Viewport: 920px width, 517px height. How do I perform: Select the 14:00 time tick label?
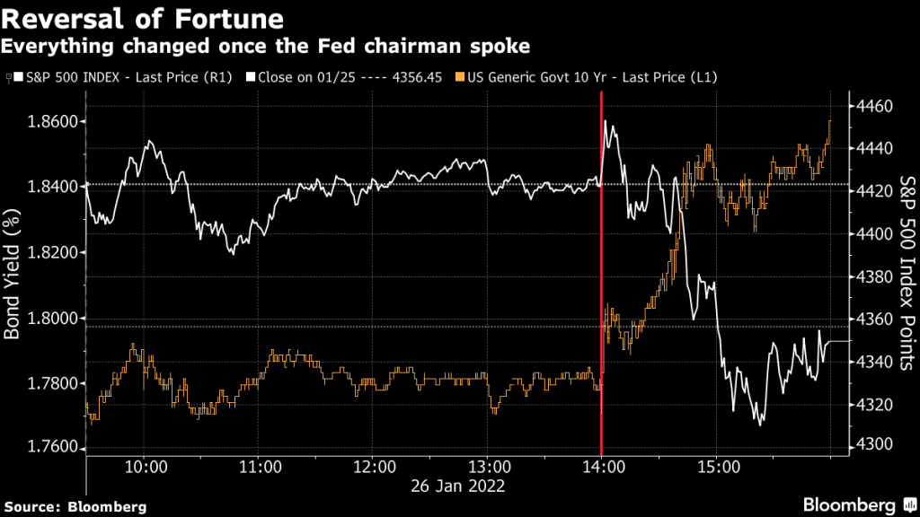click(x=601, y=468)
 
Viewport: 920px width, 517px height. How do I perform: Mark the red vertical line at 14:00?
click(x=601, y=269)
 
